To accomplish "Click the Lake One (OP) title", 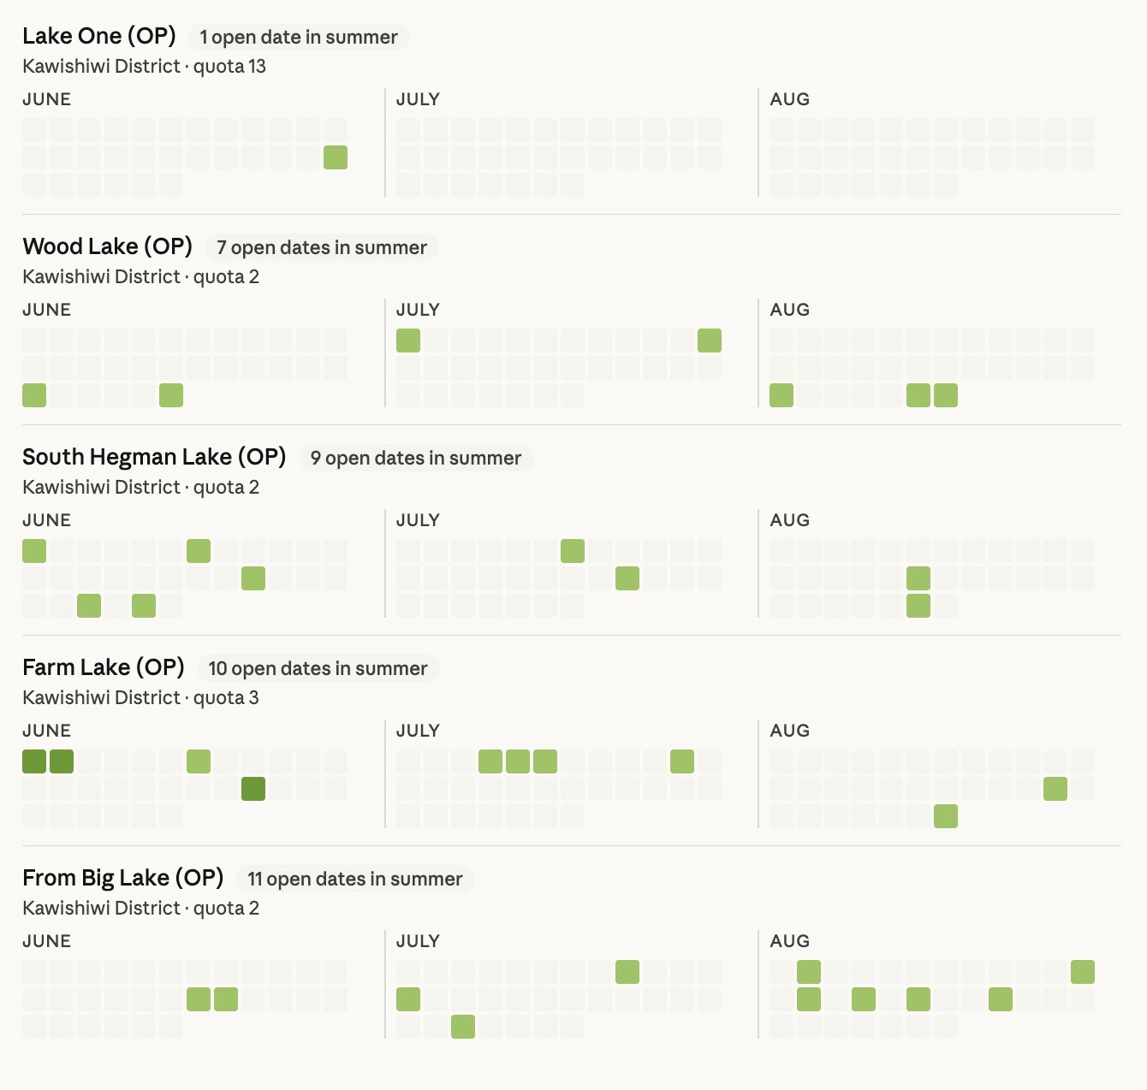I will pos(99,36).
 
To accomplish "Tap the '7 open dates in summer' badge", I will pos(322,247).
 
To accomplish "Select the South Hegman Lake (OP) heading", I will pos(154,457).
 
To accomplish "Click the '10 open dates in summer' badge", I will pos(318,668).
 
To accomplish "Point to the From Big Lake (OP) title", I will pos(122,878).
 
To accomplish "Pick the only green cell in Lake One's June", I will pos(336,157).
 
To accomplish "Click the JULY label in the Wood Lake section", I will pos(418,310).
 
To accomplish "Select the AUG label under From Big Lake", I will pos(789,941).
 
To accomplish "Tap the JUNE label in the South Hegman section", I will pos(46,520).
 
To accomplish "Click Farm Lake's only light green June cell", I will pos(199,761).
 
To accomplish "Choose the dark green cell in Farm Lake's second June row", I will pos(253,789).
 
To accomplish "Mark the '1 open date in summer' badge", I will pos(299,37).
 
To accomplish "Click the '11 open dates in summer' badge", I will pos(355,879).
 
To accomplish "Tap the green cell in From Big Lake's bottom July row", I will pos(463,1027).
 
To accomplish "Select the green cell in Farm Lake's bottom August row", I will pos(946,816).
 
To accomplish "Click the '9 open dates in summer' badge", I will pos(416,458).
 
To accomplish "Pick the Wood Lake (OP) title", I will pos(108,246).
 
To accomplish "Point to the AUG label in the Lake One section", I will pos(789,99).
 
